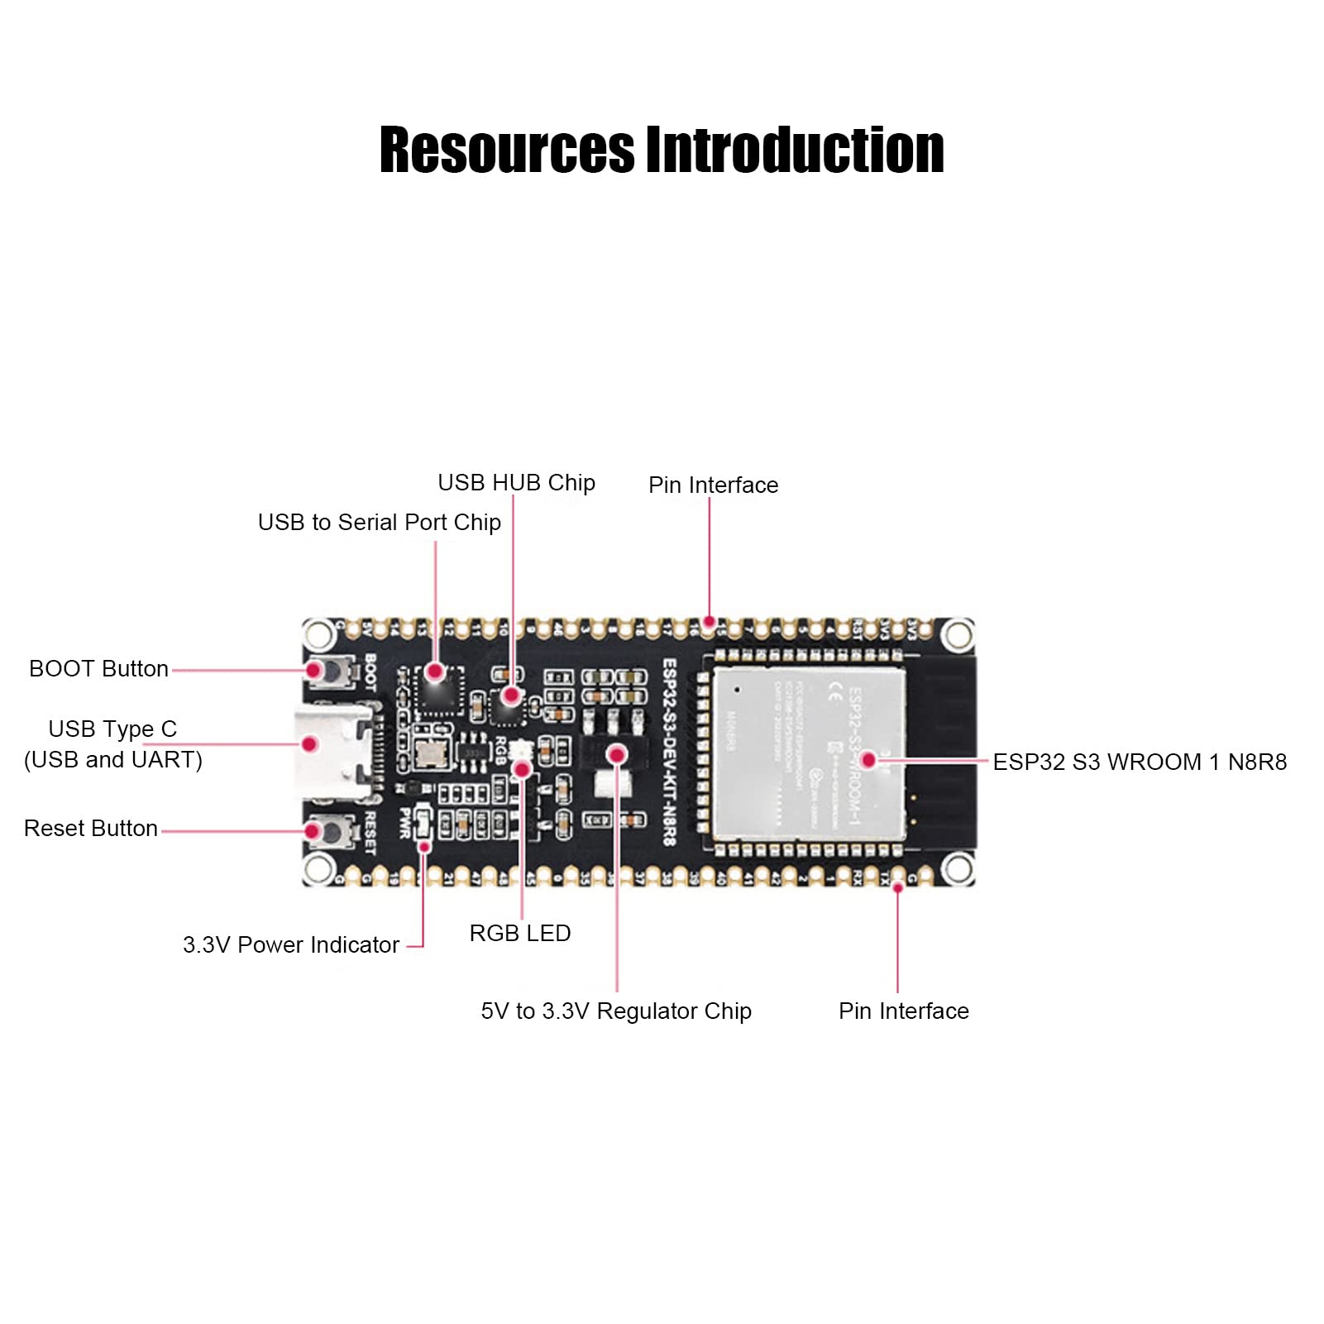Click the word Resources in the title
click(x=506, y=151)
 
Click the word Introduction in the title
click(x=795, y=151)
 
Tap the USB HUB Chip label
click(x=516, y=483)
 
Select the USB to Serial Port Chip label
click(x=379, y=523)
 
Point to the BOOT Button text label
click(x=98, y=669)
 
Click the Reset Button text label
click(x=90, y=829)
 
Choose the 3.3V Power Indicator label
click(x=290, y=945)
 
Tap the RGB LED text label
click(x=519, y=934)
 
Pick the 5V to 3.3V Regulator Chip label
click(x=616, y=1011)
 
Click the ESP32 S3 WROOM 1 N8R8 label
click(x=1140, y=762)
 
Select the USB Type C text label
click(x=112, y=729)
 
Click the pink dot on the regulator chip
click(x=617, y=754)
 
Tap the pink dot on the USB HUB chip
click(x=511, y=695)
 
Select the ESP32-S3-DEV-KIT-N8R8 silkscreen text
click(x=669, y=752)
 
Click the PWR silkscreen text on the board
click(x=405, y=822)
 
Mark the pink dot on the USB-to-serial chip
click(x=436, y=672)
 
